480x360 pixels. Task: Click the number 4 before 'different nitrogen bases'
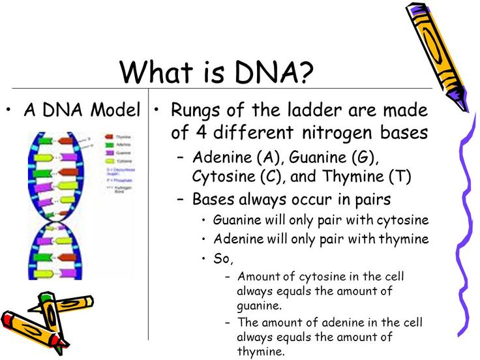click(x=200, y=132)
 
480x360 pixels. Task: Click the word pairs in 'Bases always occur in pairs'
click(x=371, y=199)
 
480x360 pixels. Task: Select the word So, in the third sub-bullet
click(x=223, y=258)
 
